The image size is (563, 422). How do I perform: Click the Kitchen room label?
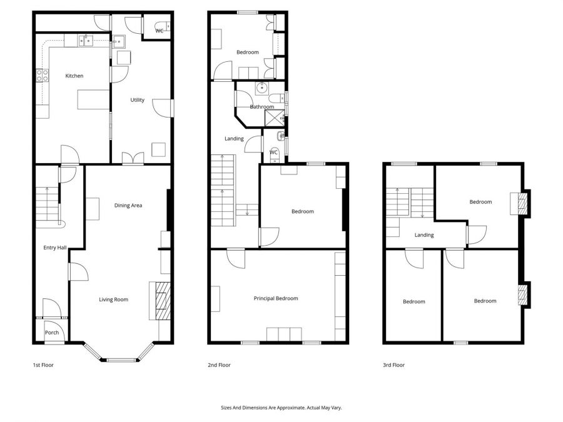coord(74,76)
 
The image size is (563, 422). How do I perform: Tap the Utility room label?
coord(138,99)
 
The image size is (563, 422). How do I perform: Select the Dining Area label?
coord(128,205)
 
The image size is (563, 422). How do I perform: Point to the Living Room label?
coord(113,299)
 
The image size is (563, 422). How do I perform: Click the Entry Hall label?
coord(54,248)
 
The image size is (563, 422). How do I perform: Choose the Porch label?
coord(52,333)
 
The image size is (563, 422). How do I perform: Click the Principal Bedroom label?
coord(276,298)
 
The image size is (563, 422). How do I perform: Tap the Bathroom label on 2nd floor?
coord(262,107)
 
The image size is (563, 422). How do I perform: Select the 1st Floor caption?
coord(43,364)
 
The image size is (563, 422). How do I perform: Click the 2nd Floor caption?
coord(219,364)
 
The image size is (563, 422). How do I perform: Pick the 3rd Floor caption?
coord(394,364)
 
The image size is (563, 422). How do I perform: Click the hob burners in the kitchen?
coord(43,76)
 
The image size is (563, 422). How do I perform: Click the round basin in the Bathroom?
coord(262,88)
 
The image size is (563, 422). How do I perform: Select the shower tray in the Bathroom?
coord(274,118)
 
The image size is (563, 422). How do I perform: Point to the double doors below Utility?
coord(132,159)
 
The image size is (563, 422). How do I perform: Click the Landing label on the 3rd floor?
coord(424,235)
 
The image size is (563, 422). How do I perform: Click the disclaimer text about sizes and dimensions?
coord(281,408)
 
